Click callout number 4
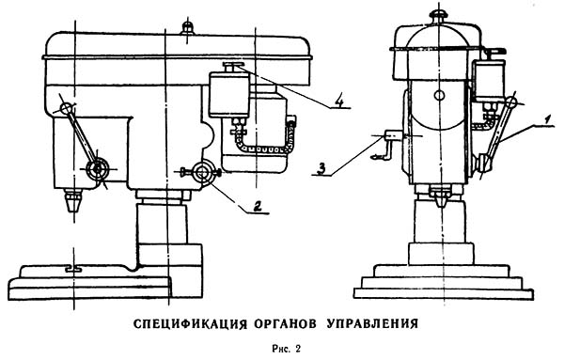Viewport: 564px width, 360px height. (338, 102)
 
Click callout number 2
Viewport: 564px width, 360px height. (257, 207)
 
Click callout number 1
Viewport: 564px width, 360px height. (547, 119)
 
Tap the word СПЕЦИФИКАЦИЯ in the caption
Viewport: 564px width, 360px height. (190, 323)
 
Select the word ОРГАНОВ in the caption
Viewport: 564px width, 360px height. (285, 323)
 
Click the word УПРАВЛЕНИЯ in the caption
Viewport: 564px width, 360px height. (372, 323)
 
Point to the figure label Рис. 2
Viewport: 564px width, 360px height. (287, 349)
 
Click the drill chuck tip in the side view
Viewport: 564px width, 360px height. (72, 201)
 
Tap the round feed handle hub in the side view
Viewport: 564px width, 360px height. (97, 168)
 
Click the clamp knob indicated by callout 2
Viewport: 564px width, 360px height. (202, 172)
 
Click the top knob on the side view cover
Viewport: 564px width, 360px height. (187, 27)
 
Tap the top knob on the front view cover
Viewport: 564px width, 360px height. (439, 15)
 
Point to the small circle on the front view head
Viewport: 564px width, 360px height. (439, 95)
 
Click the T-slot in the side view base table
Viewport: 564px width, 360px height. (73, 269)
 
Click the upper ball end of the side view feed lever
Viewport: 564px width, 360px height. (66, 108)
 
